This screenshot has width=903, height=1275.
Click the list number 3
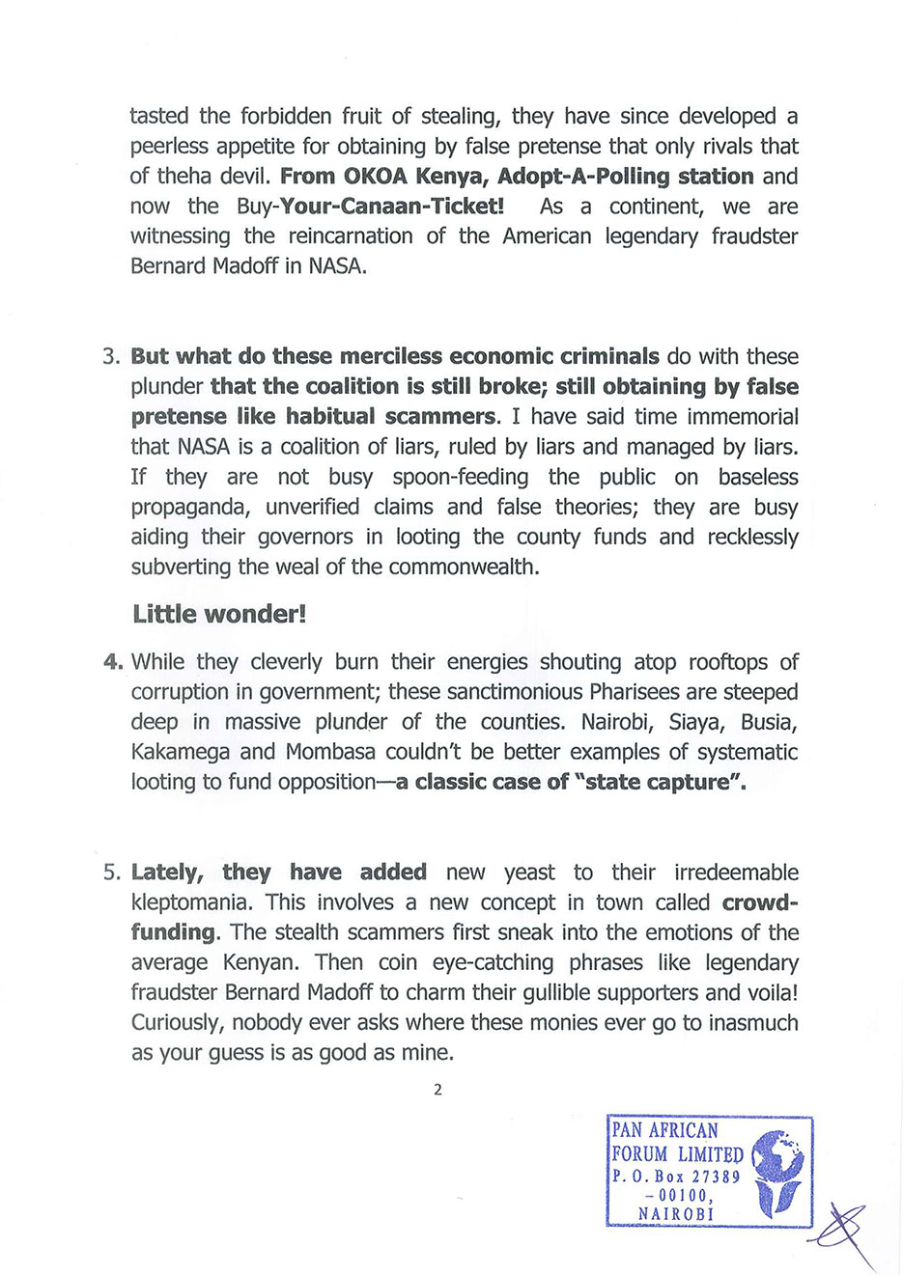110,356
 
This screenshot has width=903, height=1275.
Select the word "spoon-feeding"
461,477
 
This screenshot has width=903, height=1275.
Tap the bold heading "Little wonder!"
219,615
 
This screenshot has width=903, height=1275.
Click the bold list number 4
112,662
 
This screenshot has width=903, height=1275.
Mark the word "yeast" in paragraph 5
529,873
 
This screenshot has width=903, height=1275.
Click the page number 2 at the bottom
437,1090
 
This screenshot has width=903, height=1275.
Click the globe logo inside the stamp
778,1171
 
